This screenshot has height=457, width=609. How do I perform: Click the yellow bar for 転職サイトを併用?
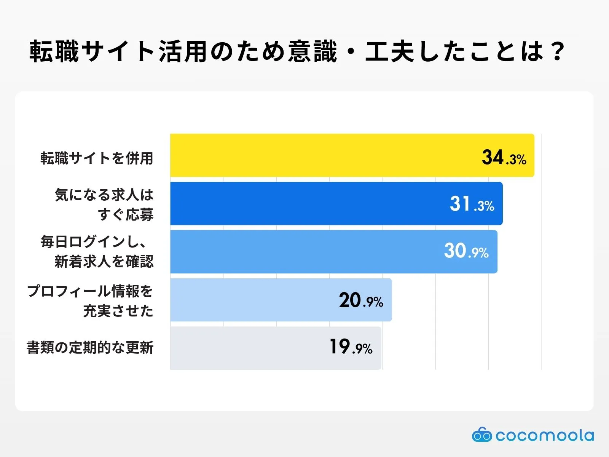pos(324,155)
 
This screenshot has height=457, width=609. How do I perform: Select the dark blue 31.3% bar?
pos(304,203)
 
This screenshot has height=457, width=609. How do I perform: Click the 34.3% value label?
pos(504,158)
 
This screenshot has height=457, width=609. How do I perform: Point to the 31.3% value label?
pos(472,205)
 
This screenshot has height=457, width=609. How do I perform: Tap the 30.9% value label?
pos(466,251)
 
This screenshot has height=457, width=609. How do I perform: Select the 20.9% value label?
pos(361,300)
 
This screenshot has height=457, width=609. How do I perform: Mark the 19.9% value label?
pos(351,347)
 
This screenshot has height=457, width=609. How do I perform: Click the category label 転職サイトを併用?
pos(97,158)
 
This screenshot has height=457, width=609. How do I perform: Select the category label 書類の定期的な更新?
pos(90,348)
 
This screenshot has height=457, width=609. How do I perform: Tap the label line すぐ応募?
pos(126,215)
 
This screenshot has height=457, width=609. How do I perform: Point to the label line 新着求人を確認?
pos(104,262)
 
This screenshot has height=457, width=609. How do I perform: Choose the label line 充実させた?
pos(118,311)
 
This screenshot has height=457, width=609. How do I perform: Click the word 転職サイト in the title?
pos(91,51)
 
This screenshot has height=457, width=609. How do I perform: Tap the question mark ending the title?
pos(558,51)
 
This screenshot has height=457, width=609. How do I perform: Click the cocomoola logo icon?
pos(482,435)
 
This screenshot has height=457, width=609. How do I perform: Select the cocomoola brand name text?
pos(545,435)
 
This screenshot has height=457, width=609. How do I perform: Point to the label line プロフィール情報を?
pos(90,291)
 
